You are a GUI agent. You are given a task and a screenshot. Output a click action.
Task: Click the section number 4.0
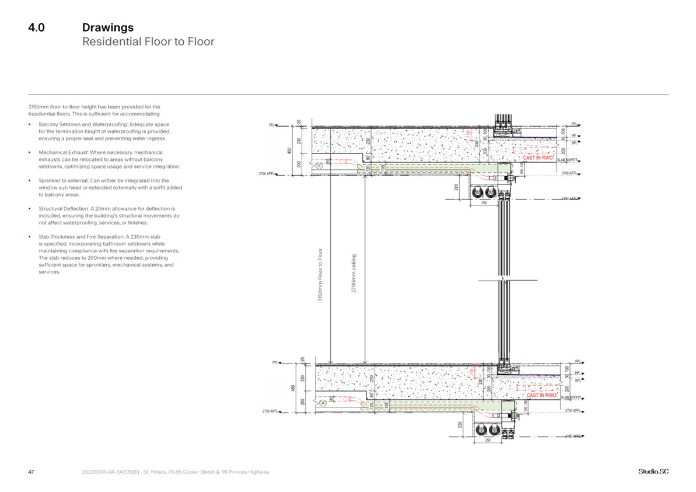click(x=36, y=28)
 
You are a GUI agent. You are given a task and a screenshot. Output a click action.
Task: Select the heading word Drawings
click(x=108, y=28)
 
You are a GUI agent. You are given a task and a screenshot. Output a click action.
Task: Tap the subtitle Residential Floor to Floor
click(x=148, y=42)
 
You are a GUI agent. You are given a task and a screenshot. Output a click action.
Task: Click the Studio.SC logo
click(x=653, y=472)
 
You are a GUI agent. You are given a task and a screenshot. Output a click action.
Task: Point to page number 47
click(x=32, y=472)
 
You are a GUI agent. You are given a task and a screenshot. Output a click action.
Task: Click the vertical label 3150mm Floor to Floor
click(x=319, y=274)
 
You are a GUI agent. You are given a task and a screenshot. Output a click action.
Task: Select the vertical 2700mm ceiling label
click(x=354, y=274)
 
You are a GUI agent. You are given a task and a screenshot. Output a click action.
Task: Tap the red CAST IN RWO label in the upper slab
click(x=537, y=158)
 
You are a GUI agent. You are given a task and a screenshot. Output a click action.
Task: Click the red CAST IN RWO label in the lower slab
click(x=541, y=396)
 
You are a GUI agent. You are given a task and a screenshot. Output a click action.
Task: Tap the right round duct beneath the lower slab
click(x=495, y=430)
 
